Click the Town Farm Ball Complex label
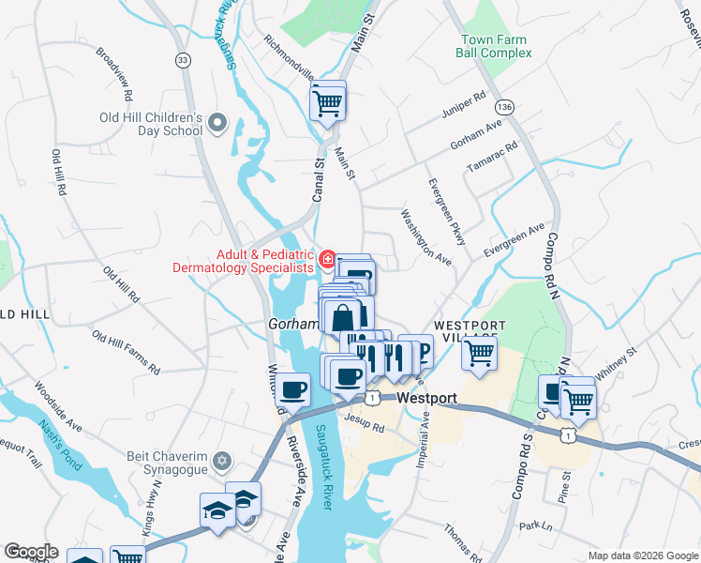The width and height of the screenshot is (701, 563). pyautogui.click(x=493, y=46)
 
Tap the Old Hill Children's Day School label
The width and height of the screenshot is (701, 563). pyautogui.click(x=152, y=124)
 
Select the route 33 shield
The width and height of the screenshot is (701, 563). pyautogui.click(x=183, y=59)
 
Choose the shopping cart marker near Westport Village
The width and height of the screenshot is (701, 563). pyautogui.click(x=479, y=355)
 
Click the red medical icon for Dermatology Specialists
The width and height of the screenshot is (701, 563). pyautogui.click(x=327, y=259)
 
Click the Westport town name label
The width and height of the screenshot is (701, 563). pyautogui.click(x=426, y=398)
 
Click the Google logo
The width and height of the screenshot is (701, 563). pyautogui.click(x=31, y=552)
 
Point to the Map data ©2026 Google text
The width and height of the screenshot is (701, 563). pyautogui.click(x=642, y=555)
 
